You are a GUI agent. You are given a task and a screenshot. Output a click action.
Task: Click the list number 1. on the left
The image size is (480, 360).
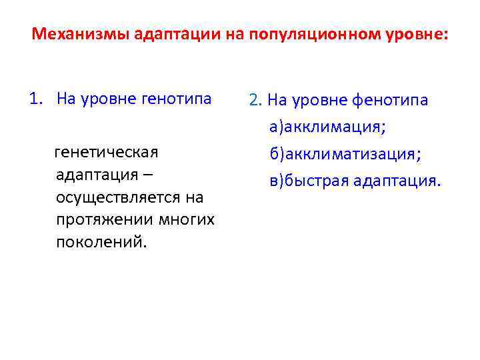click(x=37, y=99)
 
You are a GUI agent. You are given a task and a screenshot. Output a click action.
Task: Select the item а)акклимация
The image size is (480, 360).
click(x=329, y=127)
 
